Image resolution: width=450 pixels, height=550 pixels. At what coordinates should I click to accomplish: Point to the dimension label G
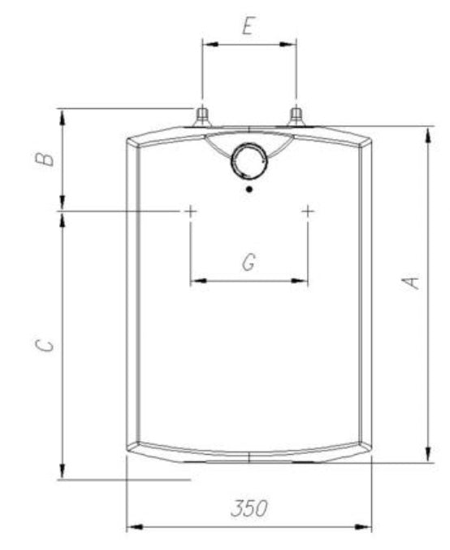click(249, 262)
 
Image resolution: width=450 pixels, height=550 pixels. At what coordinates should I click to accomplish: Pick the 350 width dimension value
click(248, 510)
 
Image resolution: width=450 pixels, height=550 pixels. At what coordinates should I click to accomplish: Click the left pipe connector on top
click(201, 116)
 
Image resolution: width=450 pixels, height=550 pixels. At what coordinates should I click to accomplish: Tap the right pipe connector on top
click(296, 116)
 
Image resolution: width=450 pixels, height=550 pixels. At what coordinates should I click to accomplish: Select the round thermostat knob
click(248, 159)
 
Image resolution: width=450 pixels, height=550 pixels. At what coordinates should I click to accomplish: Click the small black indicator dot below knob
click(248, 190)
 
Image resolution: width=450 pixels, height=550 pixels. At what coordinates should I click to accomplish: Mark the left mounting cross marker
click(190, 211)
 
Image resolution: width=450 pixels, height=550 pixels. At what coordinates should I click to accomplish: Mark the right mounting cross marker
click(308, 211)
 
